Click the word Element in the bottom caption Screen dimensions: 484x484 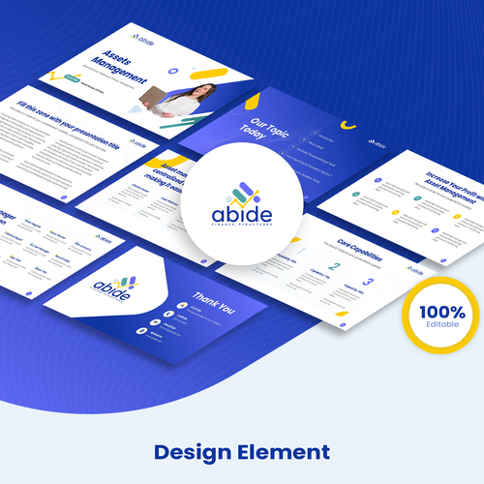(x=286, y=451)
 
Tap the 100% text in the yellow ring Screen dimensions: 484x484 (x=442, y=312)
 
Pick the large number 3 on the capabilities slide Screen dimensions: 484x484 (x=370, y=280)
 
